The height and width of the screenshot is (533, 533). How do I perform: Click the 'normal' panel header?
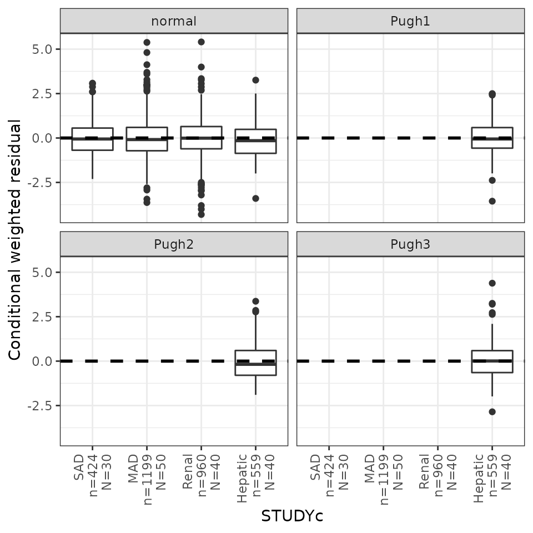click(174, 21)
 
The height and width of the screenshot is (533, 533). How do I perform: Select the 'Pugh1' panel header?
click(410, 21)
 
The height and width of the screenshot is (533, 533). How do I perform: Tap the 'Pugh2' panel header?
click(174, 244)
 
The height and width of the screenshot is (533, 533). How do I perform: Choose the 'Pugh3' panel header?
click(410, 244)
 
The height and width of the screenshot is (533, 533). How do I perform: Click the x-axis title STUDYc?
click(292, 516)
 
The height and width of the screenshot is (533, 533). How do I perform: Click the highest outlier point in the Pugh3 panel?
click(492, 283)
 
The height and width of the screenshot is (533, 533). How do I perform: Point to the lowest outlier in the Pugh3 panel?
click(492, 412)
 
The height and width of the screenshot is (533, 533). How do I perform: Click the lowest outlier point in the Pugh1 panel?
click(492, 201)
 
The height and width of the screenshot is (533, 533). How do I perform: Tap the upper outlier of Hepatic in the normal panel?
click(255, 80)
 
